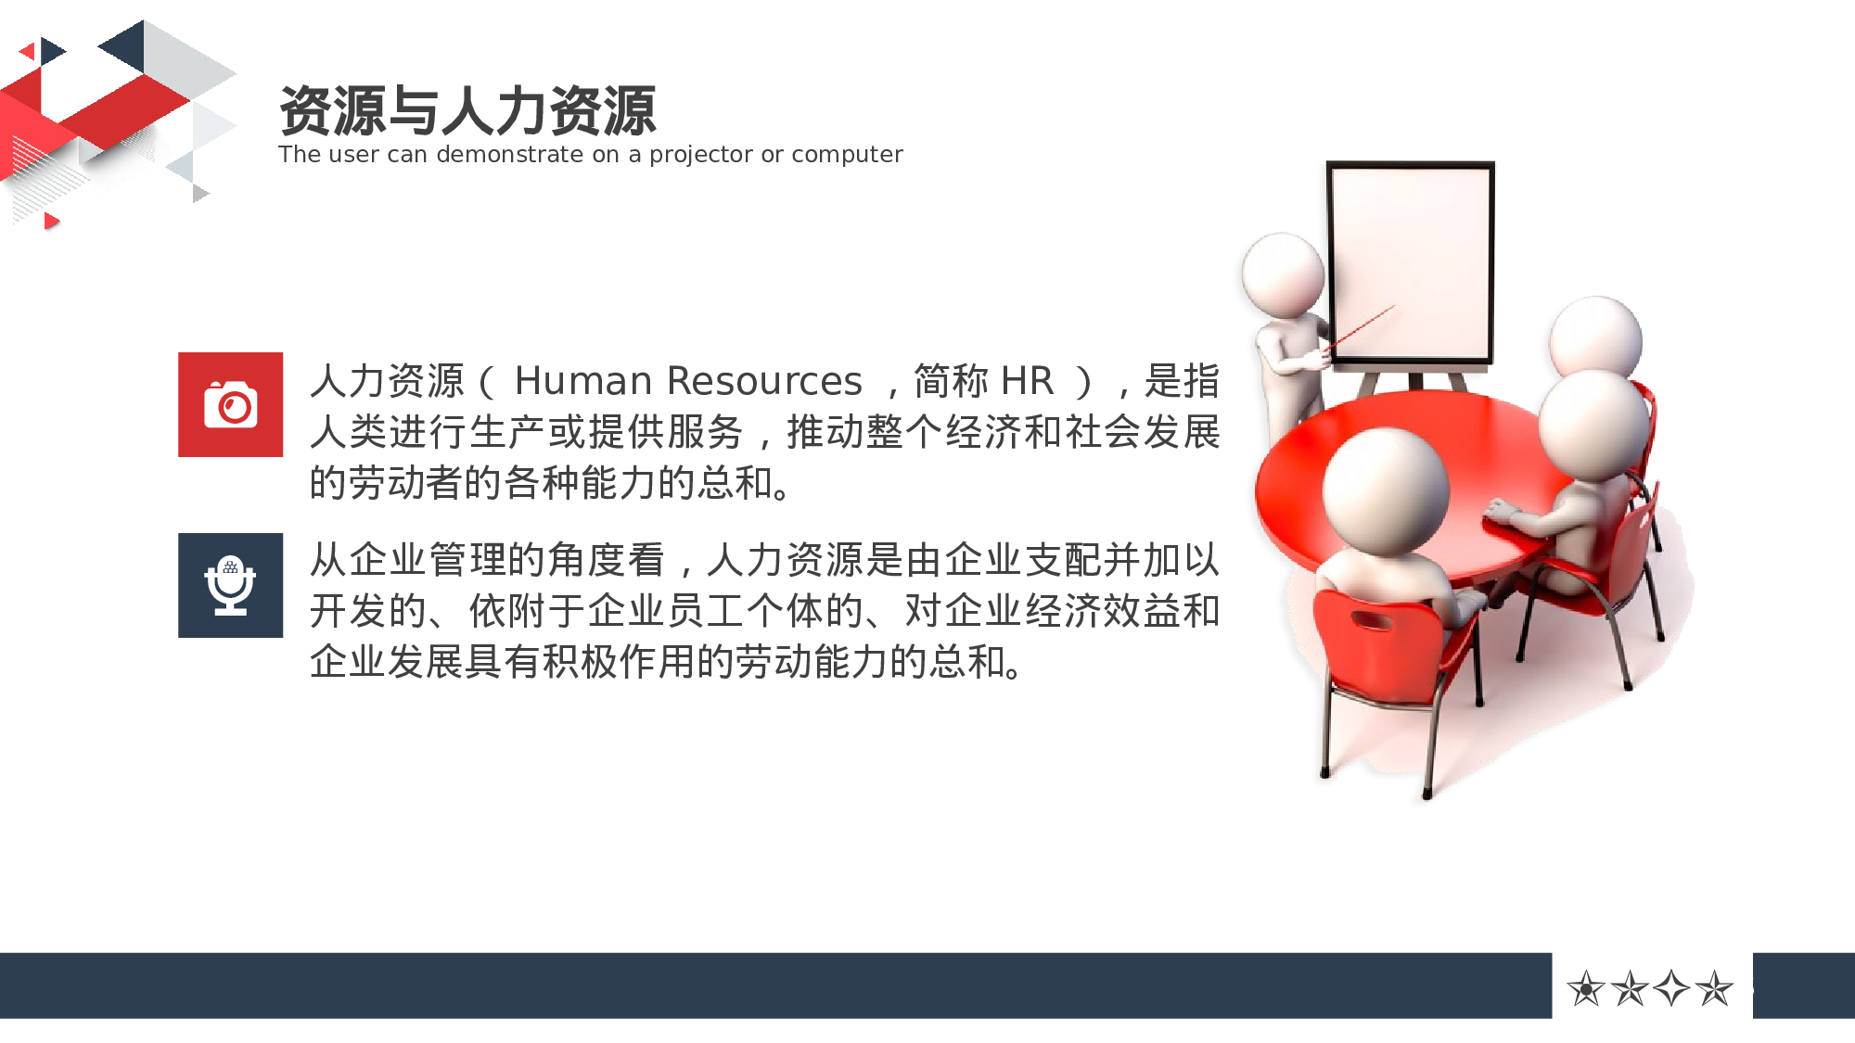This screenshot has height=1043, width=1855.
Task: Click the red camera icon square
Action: pos(230,404)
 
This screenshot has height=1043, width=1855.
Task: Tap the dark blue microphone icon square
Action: pos(230,585)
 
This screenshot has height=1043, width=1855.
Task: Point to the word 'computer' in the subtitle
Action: pos(847,155)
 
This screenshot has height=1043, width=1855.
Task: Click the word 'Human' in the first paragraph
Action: pos(583,381)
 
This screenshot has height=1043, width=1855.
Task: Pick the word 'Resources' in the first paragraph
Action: pos(764,381)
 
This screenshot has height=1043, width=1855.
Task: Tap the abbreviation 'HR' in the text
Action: pos(1027,381)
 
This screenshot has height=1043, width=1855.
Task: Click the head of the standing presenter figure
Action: pos(1284,272)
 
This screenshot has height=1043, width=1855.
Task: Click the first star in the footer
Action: pos(1586,988)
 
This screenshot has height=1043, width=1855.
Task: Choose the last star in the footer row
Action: pos(1714,988)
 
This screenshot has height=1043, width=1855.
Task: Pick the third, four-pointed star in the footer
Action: pos(1671,988)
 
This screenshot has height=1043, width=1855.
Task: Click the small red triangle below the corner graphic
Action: pos(51,221)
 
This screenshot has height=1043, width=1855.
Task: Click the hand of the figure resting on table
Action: pos(1499,509)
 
